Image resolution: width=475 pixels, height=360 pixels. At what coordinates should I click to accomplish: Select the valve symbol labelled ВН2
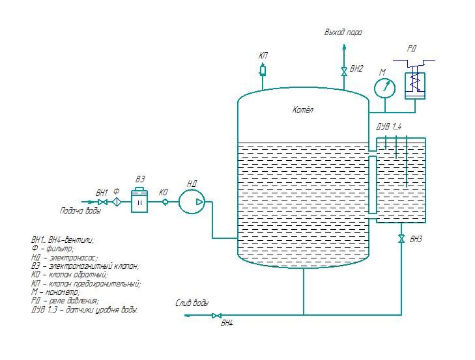tap(344, 72)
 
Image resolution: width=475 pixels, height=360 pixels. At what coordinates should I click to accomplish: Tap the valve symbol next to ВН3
tap(401, 238)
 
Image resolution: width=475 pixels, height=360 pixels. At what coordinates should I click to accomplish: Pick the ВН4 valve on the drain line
tap(216, 315)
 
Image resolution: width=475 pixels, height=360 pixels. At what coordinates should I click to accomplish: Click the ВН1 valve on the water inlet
tap(104, 202)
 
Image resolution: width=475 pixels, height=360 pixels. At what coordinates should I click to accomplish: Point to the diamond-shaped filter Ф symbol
tap(117, 202)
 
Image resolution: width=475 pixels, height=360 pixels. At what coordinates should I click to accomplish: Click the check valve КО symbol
tap(165, 202)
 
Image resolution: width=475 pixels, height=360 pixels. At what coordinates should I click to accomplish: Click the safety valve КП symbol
tap(263, 70)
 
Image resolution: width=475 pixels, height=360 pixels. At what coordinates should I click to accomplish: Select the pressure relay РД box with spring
tap(415, 85)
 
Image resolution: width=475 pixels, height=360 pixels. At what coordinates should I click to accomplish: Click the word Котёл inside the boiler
tap(302, 109)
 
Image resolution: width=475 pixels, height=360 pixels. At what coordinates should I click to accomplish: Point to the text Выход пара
tap(343, 33)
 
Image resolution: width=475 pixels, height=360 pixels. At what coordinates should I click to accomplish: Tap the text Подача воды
tap(80, 210)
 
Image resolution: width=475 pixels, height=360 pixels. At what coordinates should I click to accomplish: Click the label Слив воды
tap(192, 303)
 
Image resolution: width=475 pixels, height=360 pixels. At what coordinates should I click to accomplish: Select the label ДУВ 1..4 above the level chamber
tap(388, 126)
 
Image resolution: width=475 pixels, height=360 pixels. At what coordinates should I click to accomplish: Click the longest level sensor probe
tap(406, 161)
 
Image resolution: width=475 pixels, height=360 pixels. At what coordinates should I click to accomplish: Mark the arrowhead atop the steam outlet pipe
tap(344, 47)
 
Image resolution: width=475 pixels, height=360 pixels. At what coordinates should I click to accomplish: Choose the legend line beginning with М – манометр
tap(55, 292)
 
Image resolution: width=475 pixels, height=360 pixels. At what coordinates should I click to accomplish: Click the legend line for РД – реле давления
tap(65, 301)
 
